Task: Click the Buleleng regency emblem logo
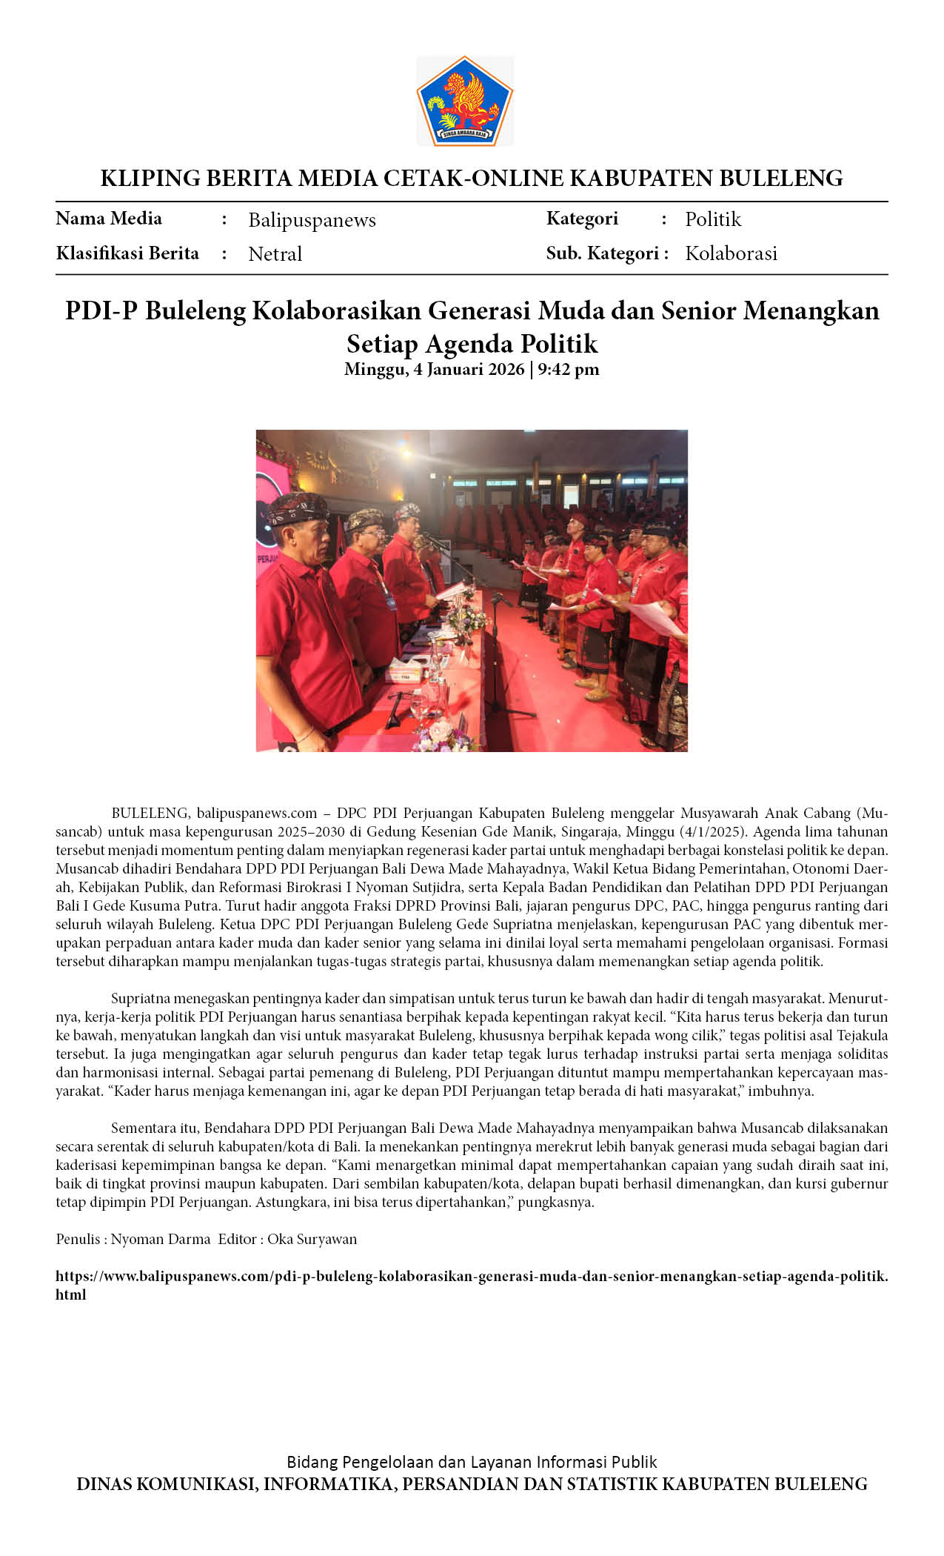coord(464,101)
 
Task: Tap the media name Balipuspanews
coord(312,220)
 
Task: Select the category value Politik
coord(712,219)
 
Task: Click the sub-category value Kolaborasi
coord(731,253)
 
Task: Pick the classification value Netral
coord(275,254)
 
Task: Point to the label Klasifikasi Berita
coord(127,253)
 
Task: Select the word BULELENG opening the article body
coord(151,813)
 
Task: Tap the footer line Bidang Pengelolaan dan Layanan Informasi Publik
coord(472,1462)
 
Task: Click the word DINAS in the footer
coord(104,1484)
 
